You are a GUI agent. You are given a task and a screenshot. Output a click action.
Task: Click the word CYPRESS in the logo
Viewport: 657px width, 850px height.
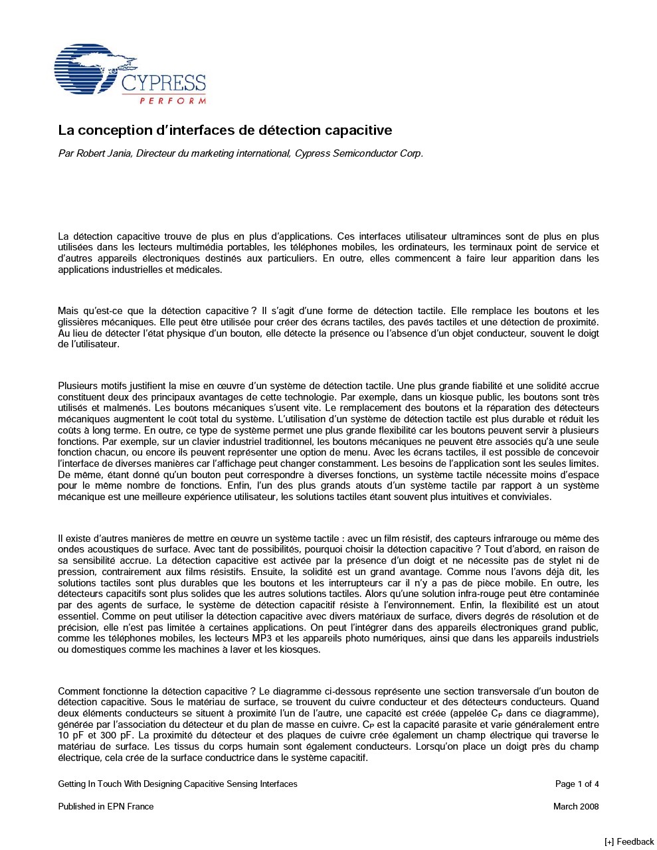[164, 84]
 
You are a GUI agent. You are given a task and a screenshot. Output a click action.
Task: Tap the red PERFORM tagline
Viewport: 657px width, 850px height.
[173, 100]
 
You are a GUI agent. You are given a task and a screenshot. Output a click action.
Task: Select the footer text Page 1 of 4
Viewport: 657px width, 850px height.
[577, 784]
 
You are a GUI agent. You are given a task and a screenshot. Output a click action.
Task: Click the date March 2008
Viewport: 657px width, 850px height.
[576, 806]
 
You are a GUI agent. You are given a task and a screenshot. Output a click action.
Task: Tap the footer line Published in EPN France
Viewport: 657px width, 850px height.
[106, 806]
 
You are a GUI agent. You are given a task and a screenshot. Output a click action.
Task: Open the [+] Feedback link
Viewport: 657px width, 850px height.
[629, 841]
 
